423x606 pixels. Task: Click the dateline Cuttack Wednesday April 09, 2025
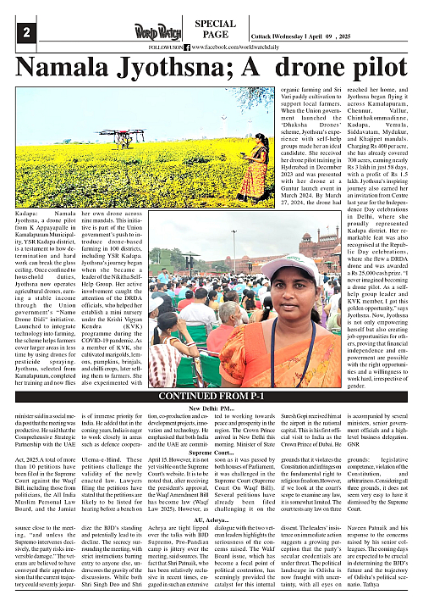click(326, 38)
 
